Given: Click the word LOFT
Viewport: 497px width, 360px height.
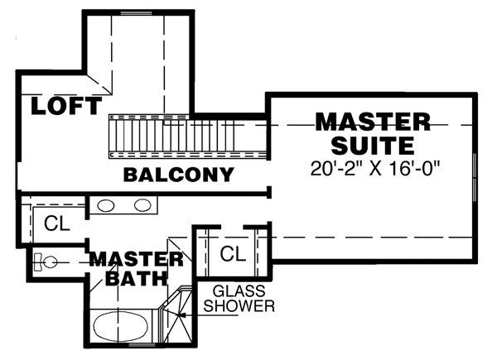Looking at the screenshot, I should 66,106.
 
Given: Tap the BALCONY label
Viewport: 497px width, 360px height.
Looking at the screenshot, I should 178,175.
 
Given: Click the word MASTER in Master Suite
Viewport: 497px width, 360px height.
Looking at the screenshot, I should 373,122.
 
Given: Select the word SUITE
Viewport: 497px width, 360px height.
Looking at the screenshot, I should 373,146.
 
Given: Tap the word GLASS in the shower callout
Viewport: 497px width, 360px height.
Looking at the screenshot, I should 238,291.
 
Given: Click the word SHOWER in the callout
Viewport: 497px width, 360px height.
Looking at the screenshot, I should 243,306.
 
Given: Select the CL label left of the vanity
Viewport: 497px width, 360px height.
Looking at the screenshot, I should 56,223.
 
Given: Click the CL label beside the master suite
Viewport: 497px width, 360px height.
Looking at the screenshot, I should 233,254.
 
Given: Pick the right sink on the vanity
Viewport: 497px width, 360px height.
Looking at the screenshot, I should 142,205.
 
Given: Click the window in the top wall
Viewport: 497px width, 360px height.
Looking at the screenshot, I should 137,14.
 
